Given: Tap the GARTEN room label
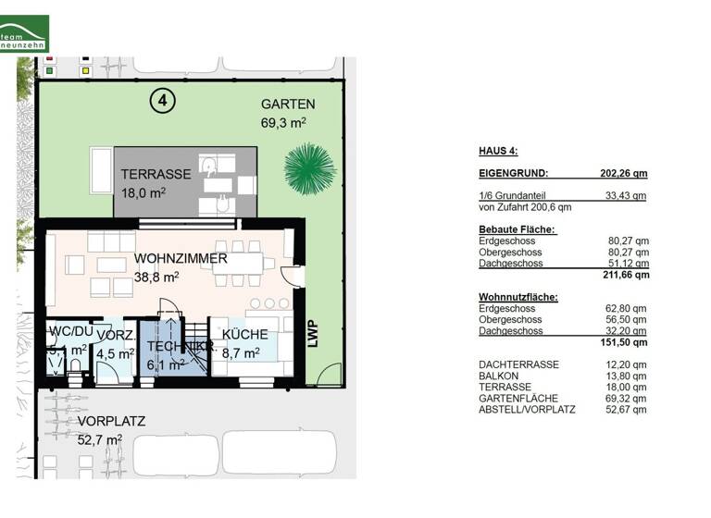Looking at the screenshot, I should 288,104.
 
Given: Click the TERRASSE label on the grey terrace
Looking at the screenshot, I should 156,174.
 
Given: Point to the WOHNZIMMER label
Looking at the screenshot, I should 181,258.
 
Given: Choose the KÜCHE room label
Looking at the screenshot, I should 245,334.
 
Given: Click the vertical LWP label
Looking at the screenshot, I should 312,334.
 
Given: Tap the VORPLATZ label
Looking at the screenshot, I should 111,422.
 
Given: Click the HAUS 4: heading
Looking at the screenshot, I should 498,151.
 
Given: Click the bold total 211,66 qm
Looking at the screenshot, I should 628,275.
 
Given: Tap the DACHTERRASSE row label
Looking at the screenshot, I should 518,364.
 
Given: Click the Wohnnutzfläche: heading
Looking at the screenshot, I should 518,297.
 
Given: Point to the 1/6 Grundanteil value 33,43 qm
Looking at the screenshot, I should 626,196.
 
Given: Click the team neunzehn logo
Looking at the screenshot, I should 24,33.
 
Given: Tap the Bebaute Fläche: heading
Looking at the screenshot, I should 517,229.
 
